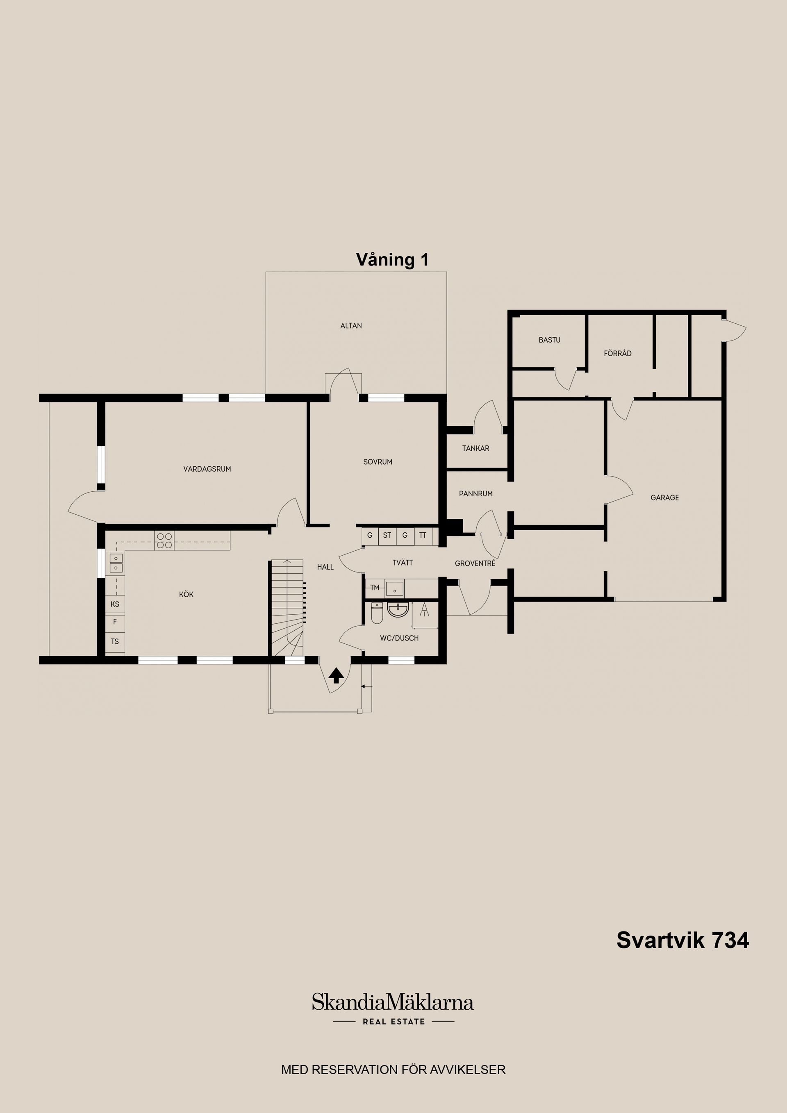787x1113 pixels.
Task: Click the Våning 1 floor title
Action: [x=392, y=260]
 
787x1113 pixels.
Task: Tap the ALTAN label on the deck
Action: [x=351, y=326]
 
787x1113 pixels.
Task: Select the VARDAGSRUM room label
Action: [x=207, y=469]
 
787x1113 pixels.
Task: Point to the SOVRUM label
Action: [x=378, y=462]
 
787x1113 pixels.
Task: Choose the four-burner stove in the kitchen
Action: [x=164, y=541]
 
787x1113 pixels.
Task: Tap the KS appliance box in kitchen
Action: [x=115, y=604]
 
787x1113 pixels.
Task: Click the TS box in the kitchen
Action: [x=115, y=641]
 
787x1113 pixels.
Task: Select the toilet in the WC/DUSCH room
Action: [x=377, y=614]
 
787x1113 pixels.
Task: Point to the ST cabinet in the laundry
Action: [x=387, y=536]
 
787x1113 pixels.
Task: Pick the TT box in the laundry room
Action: [x=423, y=536]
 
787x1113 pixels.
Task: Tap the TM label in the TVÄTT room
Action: [x=374, y=588]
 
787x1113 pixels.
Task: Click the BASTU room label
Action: [x=549, y=340]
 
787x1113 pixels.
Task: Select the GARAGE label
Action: [x=664, y=497]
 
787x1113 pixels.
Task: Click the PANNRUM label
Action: [x=476, y=493]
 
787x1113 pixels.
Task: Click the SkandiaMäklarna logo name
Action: [x=392, y=1002]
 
